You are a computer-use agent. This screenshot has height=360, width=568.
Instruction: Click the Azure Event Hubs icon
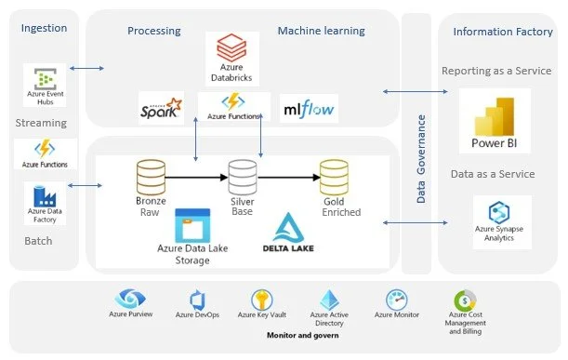(46, 79)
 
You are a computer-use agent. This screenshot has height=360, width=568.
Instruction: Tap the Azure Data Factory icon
(45, 196)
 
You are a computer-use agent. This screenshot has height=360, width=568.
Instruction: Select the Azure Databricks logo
(231, 47)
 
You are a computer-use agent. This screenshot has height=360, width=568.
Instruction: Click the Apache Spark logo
(161, 108)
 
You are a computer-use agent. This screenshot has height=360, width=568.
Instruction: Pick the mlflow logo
(309, 109)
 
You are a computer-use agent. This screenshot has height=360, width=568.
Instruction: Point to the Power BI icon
(495, 116)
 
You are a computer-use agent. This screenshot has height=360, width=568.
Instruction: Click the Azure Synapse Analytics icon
(499, 212)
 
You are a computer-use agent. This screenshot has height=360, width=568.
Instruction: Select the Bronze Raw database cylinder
(151, 178)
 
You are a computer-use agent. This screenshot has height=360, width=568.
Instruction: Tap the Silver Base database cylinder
(243, 178)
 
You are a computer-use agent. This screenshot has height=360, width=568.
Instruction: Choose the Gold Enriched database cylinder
(334, 178)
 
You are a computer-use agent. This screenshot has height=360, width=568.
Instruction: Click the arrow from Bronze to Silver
(197, 178)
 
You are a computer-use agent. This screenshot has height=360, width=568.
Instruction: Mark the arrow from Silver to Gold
(289, 178)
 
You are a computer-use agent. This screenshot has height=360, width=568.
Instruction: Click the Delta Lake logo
(288, 233)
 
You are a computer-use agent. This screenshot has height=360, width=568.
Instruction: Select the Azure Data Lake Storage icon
(192, 225)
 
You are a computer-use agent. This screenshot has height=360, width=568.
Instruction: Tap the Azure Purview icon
(130, 299)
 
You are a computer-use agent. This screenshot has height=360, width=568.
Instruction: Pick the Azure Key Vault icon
(262, 300)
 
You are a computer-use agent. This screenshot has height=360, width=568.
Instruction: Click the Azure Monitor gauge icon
(397, 300)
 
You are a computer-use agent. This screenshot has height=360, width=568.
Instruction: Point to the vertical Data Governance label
(420, 159)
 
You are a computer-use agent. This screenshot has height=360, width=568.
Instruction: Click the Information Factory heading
(503, 32)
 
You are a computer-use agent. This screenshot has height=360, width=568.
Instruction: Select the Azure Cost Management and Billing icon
(465, 300)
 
